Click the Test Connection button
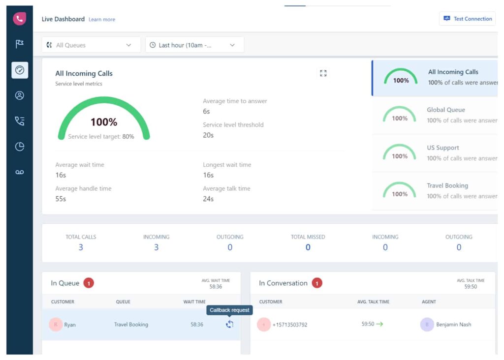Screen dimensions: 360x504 (x=467, y=19)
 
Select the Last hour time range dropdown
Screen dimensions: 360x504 (x=194, y=45)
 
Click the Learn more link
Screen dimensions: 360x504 (x=102, y=20)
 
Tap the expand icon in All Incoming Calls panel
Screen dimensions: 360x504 (x=323, y=73)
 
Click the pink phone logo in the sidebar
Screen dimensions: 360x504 (x=20, y=19)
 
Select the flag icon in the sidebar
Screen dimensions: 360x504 (x=20, y=44)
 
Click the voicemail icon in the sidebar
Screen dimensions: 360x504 (x=20, y=172)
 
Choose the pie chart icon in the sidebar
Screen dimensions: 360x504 (x=20, y=147)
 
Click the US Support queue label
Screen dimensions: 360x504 (x=442, y=148)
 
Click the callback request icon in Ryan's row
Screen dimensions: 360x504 (x=229, y=324)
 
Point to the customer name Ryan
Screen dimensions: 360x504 (x=70, y=325)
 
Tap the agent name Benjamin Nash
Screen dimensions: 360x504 (x=453, y=325)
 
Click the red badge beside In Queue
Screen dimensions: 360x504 (x=88, y=283)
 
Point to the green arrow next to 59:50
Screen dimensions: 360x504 (x=379, y=324)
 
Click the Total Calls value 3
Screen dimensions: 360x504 (x=81, y=247)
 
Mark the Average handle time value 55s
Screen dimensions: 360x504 (x=61, y=199)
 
